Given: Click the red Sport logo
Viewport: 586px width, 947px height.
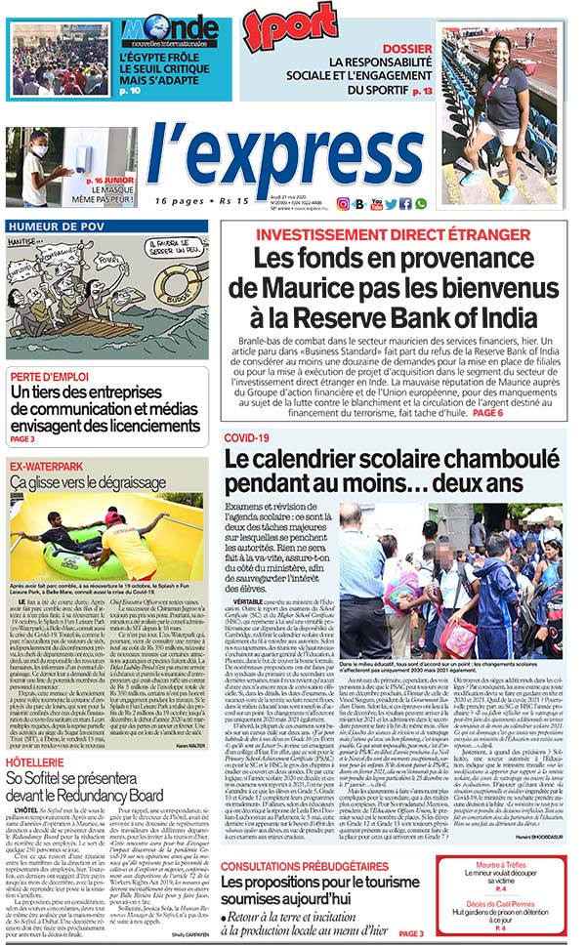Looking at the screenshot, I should (x=290, y=27).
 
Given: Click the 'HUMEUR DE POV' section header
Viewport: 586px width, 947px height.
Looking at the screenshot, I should (x=56, y=226).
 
